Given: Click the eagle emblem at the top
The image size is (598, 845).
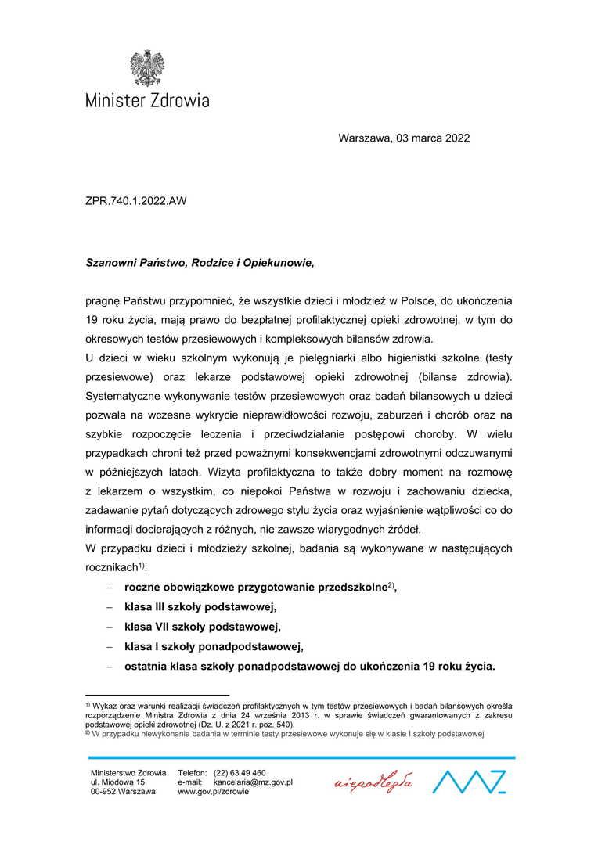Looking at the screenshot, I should click(x=146, y=68).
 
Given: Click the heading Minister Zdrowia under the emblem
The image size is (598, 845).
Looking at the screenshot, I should click(x=147, y=100).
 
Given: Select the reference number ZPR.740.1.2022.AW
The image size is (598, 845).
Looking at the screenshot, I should click(x=136, y=200).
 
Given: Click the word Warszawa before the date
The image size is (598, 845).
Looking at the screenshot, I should click(x=365, y=138).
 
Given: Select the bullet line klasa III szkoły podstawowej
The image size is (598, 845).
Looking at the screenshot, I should click(x=200, y=607).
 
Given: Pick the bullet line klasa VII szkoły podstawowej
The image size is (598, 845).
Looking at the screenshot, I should click(x=202, y=627).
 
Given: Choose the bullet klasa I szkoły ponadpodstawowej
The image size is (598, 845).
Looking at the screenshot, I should click(x=213, y=646).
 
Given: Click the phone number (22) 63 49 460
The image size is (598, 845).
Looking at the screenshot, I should click(x=240, y=772).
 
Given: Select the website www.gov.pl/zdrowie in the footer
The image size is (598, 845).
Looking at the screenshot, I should click(x=214, y=791).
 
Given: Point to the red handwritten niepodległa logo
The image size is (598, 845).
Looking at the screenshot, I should click(x=373, y=782).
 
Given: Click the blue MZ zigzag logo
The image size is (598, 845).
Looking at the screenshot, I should click(x=469, y=782).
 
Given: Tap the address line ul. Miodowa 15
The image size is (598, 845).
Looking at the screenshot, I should click(x=118, y=782).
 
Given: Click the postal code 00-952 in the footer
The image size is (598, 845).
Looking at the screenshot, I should click(x=104, y=791).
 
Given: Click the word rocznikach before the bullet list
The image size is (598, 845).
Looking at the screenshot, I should click(x=111, y=568).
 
